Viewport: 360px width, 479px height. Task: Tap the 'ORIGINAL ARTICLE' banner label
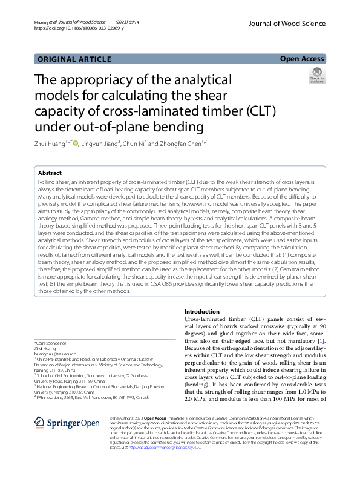(x=74, y=59)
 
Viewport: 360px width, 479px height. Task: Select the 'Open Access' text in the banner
(x=301, y=59)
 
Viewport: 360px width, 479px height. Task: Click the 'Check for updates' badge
(x=316, y=77)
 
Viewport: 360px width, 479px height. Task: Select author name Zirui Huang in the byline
(x=51, y=143)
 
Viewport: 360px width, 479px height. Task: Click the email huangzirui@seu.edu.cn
(x=59, y=354)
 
